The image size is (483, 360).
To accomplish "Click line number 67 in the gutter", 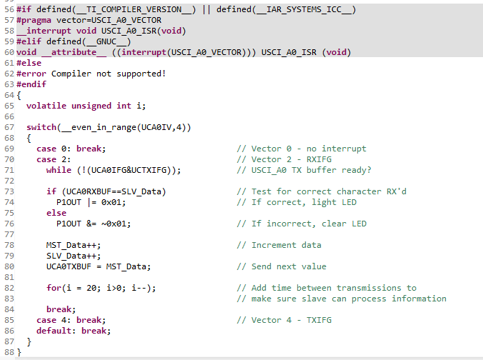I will pos(9,127).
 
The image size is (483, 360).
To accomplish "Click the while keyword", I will pos(59,170).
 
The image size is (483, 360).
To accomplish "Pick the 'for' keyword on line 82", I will pos(54,288).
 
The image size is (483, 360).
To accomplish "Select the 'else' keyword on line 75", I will pos(56,213).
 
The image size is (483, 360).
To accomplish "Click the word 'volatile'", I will pos(46,106).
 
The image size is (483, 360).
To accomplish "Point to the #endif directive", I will pos(31,84).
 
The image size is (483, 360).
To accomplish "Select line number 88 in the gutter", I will pos(9,352).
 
